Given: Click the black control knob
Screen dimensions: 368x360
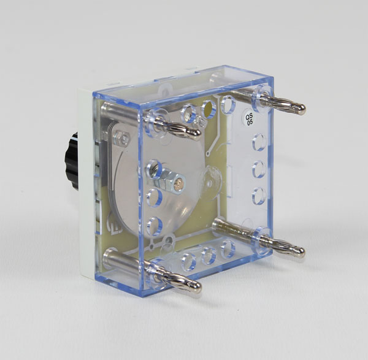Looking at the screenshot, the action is click(71, 160).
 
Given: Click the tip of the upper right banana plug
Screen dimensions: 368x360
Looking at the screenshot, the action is click(302, 109).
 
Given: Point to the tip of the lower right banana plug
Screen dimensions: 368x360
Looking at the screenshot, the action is click(301, 253).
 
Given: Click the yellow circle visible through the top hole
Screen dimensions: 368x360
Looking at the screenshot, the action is click(208, 109).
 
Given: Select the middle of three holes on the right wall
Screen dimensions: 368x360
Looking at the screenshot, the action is click(259, 169).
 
